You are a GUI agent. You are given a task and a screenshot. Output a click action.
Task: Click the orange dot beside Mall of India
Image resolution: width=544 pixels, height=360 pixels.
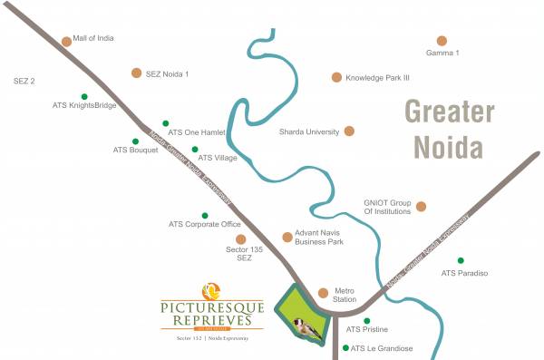coord(66,41)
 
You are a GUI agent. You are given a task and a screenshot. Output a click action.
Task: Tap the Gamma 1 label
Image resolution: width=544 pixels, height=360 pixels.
coord(442,54)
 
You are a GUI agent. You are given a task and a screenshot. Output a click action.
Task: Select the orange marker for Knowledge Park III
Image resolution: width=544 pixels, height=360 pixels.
coord(336,78)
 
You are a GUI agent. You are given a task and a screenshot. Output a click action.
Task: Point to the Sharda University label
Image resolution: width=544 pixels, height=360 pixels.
coord(308,131)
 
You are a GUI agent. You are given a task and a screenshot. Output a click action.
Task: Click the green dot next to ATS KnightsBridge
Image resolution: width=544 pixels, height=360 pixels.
coord(84,96)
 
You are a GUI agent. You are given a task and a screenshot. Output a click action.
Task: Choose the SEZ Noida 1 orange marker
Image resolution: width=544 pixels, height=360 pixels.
coord(136,73)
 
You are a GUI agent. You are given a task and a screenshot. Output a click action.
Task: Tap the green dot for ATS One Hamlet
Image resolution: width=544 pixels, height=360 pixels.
coord(165,123)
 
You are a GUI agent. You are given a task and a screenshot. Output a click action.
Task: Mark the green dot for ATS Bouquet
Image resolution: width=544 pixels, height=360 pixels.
coord(136,141)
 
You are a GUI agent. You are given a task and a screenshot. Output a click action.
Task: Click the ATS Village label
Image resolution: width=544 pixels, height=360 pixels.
coord(219,159)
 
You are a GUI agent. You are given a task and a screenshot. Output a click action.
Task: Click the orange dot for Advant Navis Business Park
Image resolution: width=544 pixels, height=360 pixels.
coord(287,236)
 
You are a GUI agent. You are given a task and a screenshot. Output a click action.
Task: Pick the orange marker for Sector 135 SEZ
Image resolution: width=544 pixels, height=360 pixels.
coord(240,238)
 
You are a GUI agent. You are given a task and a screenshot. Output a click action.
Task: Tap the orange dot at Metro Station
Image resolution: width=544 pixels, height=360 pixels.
coord(323,292)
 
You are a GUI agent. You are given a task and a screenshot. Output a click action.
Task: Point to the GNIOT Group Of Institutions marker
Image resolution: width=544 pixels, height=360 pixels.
coord(421,207)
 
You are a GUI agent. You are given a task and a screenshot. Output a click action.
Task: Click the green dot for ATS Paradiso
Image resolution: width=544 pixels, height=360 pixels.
coord(461,260)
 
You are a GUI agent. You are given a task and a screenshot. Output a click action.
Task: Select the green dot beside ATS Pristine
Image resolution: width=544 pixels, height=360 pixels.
coord(367,320)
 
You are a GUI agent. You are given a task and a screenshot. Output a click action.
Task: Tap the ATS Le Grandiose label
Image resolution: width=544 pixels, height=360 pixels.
coord(382,348)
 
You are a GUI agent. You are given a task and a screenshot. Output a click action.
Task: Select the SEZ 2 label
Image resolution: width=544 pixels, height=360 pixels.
coord(24,82)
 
